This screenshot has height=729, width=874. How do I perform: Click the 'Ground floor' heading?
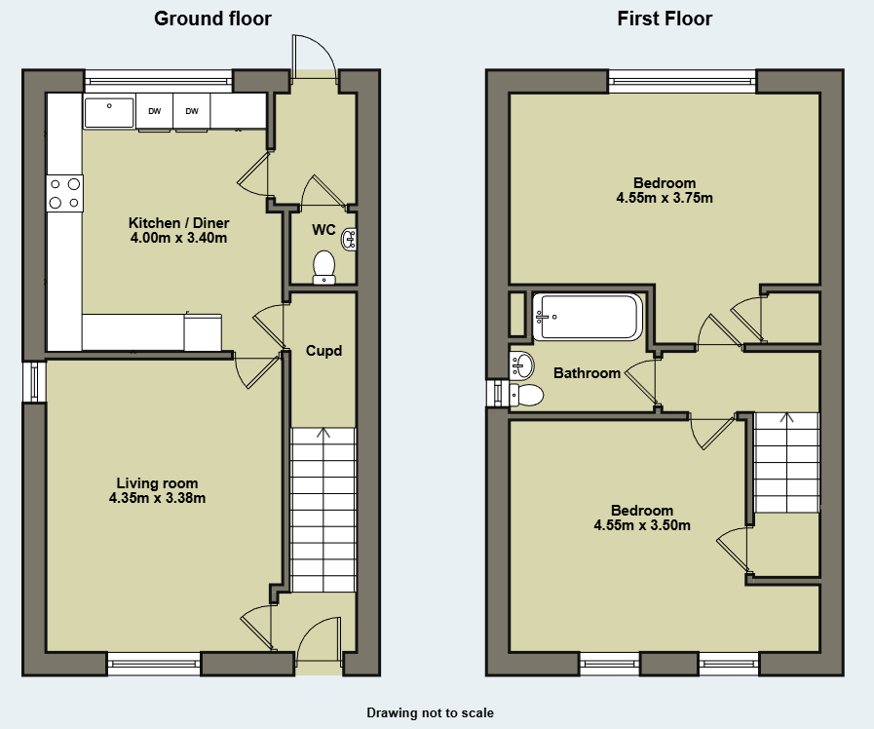[x=212, y=19]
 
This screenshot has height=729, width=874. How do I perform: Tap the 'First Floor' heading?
[x=665, y=19]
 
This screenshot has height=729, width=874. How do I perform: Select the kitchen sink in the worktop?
[x=109, y=112]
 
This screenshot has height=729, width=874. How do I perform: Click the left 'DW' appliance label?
[x=154, y=111]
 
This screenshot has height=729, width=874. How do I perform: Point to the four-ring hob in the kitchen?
[x=64, y=193]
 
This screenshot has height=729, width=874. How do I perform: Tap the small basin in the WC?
[x=350, y=239]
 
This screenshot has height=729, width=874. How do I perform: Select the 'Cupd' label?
[x=323, y=351]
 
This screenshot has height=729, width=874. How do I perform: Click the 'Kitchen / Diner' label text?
[x=179, y=223]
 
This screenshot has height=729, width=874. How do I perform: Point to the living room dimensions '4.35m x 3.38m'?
[x=157, y=498]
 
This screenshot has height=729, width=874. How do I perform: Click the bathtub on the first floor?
[x=587, y=317]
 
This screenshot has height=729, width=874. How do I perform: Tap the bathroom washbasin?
[x=521, y=366]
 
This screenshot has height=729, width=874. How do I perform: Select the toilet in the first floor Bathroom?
[x=526, y=396]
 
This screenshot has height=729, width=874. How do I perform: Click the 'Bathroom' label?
[x=587, y=373]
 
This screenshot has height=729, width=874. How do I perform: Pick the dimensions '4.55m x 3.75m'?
[x=665, y=198]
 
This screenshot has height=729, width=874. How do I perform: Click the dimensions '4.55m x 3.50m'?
[x=642, y=525]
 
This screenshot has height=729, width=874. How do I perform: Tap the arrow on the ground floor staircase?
[x=323, y=433]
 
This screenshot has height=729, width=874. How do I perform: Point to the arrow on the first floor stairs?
[x=787, y=417]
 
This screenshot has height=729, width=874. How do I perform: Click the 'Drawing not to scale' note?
[x=430, y=712]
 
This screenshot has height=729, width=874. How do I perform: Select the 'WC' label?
[x=323, y=230]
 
